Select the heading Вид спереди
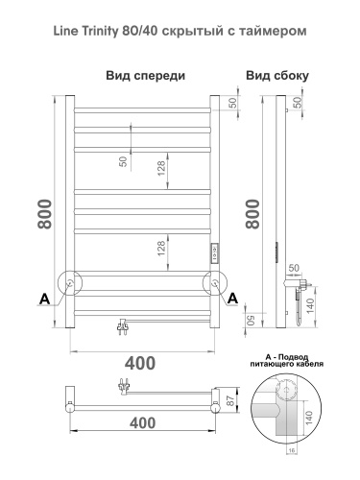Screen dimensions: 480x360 tap(146, 75)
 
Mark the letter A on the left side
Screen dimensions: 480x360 tap(43, 299)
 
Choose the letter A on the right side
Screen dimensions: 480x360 tap(232, 299)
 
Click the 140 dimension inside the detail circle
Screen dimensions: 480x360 tap(308, 420)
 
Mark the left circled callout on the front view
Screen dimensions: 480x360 tap(70, 283)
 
